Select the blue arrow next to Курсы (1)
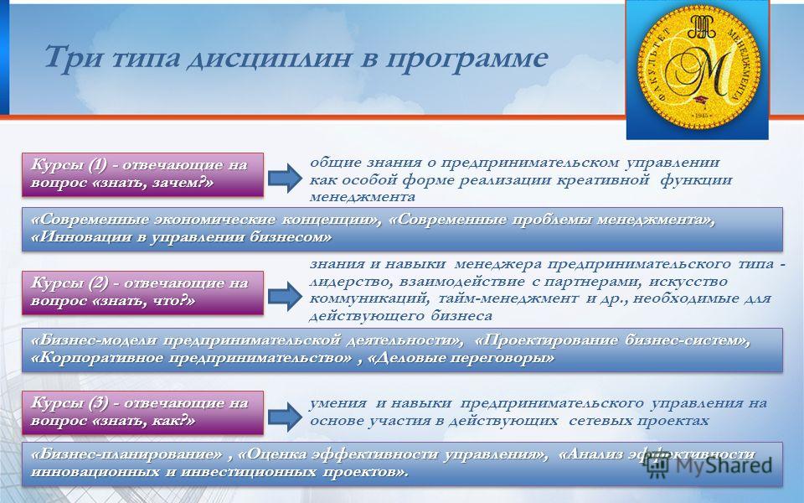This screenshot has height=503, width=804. point(285,178)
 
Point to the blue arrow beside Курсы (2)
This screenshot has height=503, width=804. point(285,296)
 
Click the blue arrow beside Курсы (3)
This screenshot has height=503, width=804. point(285,417)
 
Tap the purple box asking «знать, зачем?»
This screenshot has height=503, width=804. point(142,174)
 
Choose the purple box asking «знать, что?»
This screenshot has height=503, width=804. point(142,293)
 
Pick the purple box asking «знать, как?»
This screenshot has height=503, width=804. point(142,412)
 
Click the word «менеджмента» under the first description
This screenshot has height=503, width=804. point(362,197)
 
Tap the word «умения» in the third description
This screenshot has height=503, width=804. point(338,403)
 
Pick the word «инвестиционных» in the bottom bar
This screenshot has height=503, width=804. point(240,472)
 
